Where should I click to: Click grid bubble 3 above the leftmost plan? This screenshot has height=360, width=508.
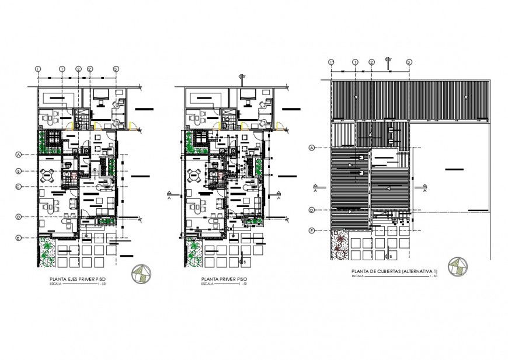point(116,69)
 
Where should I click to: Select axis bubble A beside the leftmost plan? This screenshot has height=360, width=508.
point(19,155)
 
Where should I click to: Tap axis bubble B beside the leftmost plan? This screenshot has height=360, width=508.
point(19,171)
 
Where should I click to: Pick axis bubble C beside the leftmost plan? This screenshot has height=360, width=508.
point(19,187)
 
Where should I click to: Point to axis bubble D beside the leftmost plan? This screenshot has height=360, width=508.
point(19,216)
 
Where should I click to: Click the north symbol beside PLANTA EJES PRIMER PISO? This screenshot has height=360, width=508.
point(141,272)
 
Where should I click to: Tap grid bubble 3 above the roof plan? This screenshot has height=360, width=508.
point(409,62)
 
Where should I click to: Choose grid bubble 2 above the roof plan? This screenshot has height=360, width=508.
point(371,62)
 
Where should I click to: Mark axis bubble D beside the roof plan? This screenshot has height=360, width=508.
point(312,210)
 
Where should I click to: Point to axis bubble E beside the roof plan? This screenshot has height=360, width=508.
point(312,230)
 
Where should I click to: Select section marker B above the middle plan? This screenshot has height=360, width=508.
point(242,76)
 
